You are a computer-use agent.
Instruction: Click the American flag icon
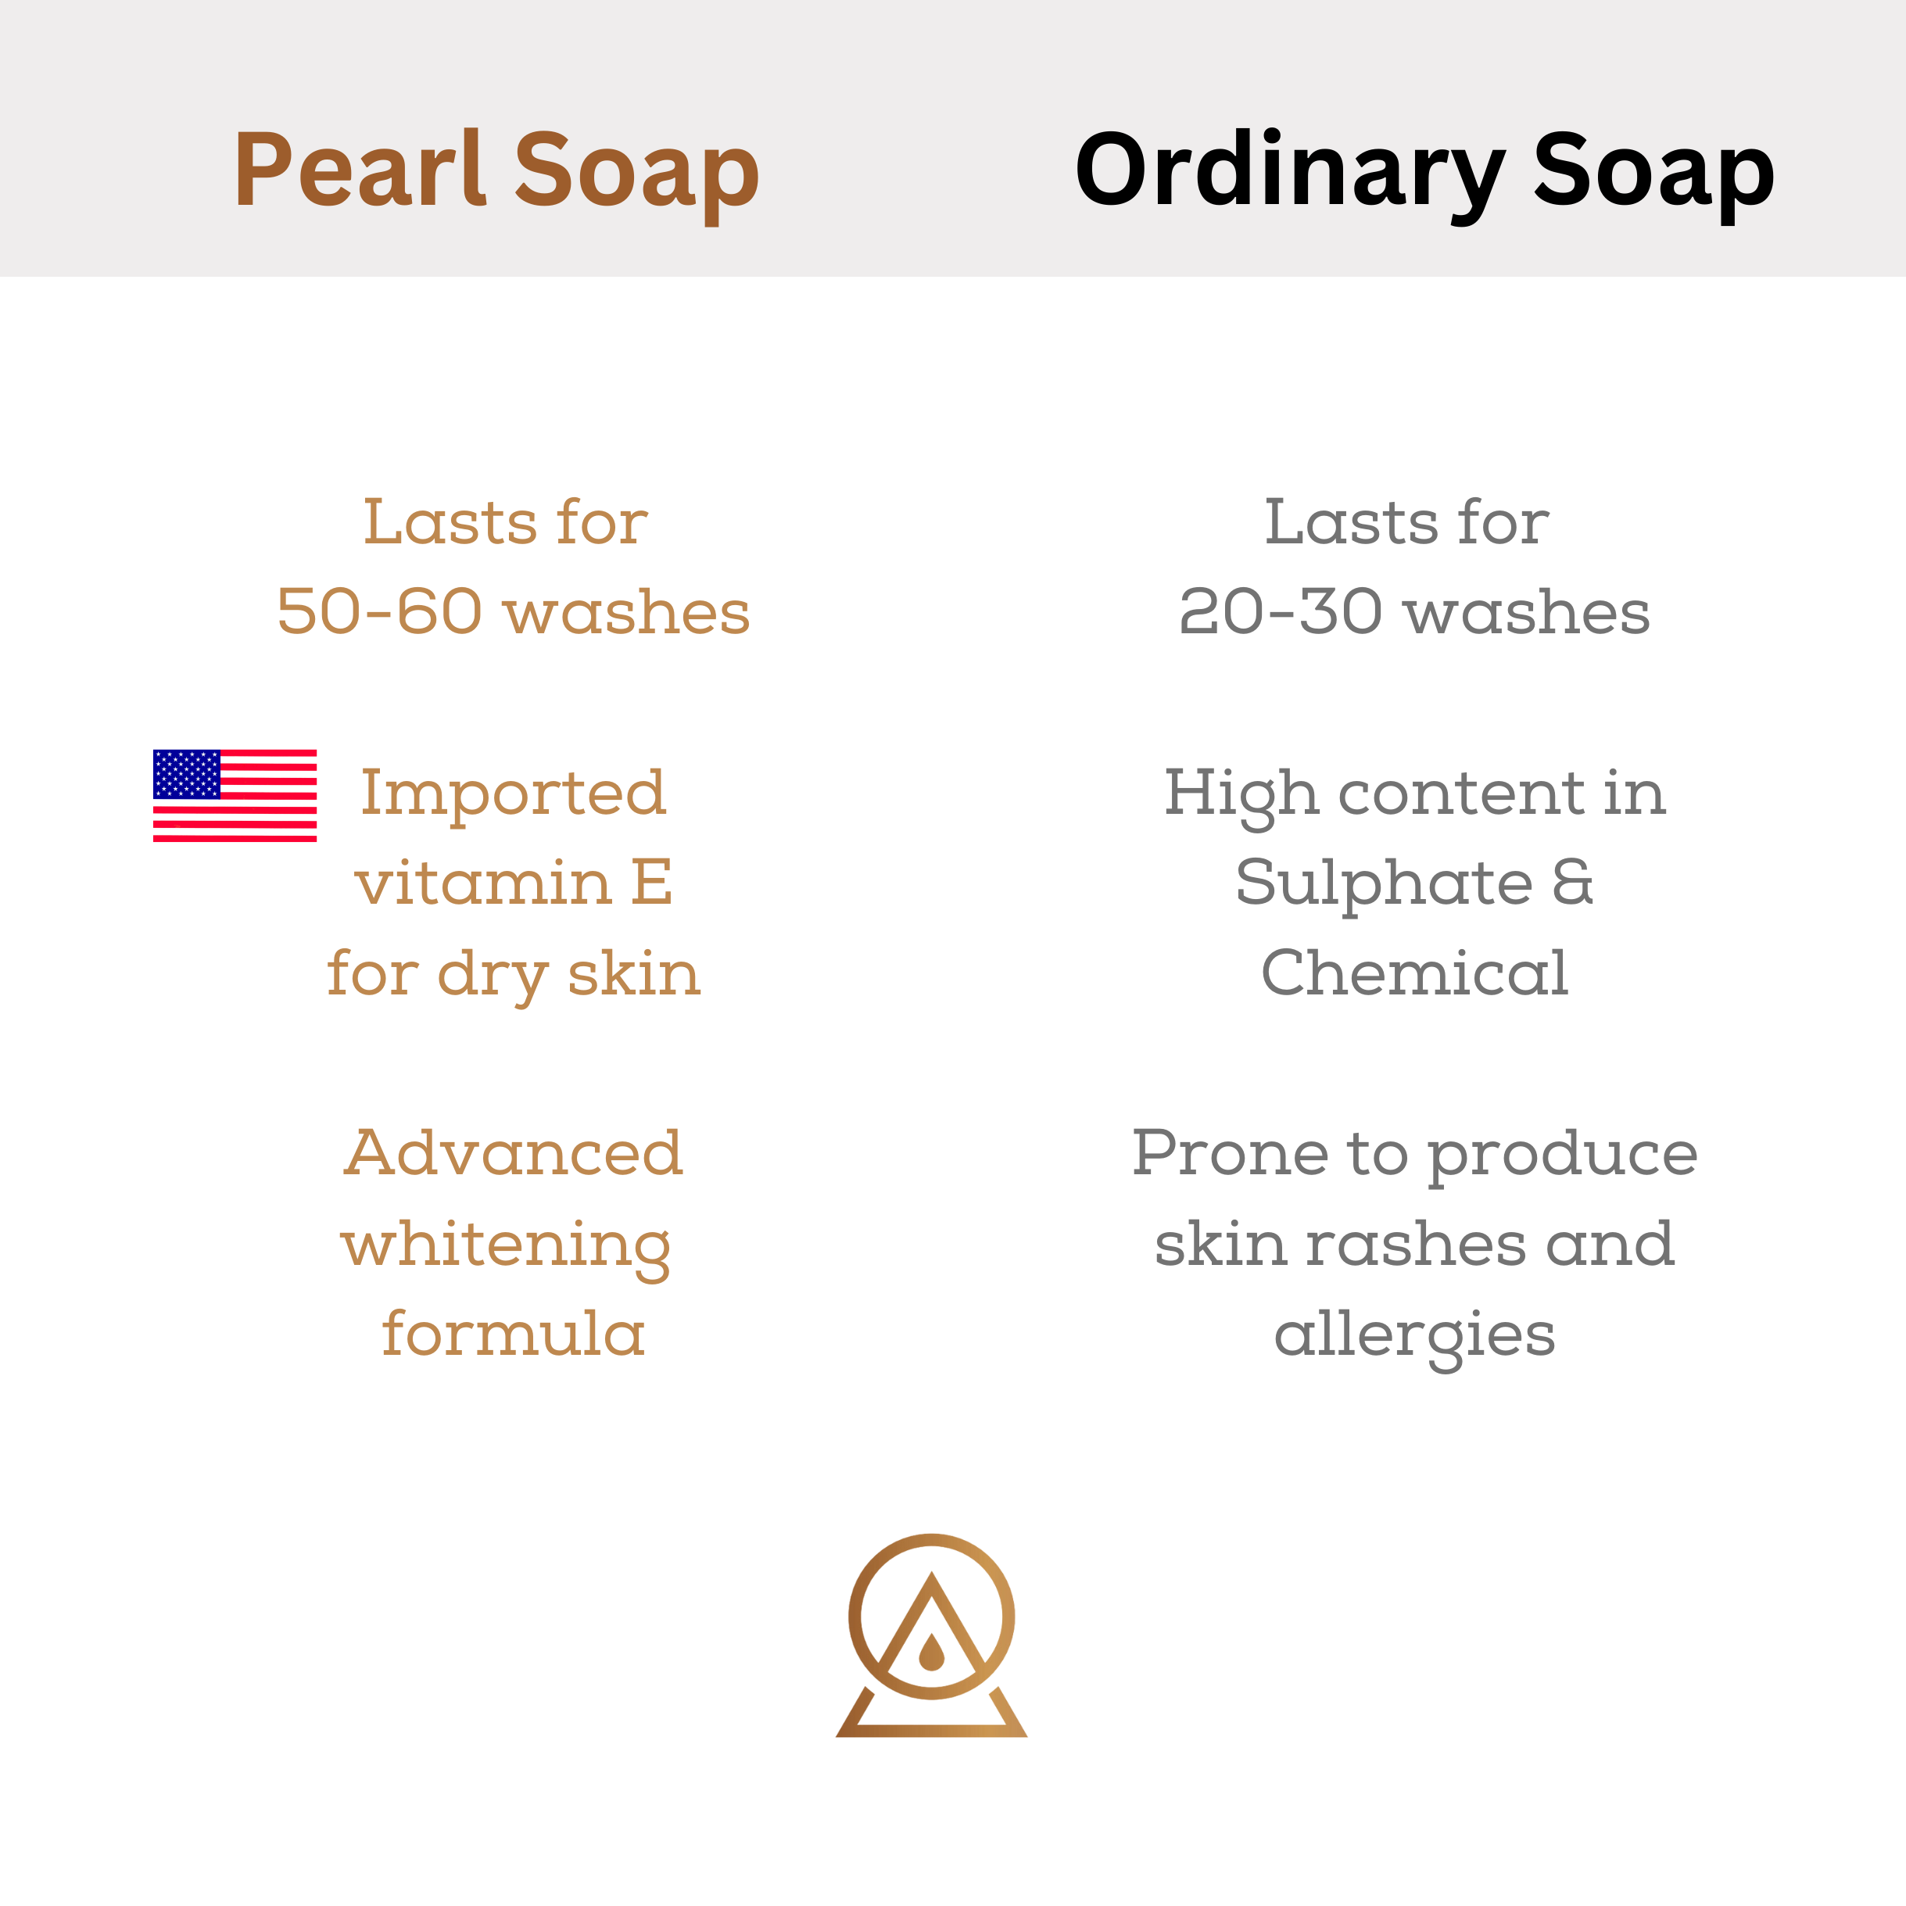(x=235, y=795)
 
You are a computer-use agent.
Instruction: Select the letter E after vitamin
(x=652, y=882)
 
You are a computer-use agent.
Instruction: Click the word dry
(x=493, y=976)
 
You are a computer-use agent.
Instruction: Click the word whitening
(x=506, y=1246)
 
